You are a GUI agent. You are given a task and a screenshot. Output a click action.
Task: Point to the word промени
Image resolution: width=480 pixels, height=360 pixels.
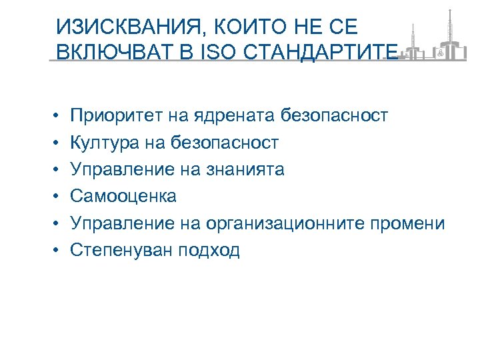[x=409, y=223]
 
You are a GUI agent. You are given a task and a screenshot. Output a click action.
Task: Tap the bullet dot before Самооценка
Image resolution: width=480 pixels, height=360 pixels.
[x=57, y=197]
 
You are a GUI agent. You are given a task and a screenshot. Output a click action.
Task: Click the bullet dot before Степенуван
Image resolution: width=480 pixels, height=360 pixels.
[x=57, y=251]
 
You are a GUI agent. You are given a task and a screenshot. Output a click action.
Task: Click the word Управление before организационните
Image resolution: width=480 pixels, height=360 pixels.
[x=121, y=223]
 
